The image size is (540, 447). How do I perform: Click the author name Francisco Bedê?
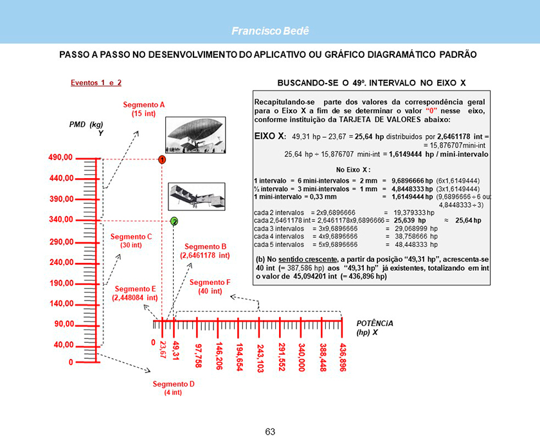270,31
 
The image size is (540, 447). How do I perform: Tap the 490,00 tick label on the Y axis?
60,158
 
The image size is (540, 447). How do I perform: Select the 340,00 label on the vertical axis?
60,220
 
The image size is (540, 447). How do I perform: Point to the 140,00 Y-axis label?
60,304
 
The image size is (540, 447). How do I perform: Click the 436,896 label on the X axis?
343,356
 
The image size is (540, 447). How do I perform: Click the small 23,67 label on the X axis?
163,352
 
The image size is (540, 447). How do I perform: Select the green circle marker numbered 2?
174,221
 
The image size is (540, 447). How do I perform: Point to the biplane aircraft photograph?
196,196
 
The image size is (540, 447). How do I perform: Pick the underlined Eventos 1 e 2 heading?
96,83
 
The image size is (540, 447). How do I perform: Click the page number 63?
270,431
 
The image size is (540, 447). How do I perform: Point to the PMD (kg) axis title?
86,124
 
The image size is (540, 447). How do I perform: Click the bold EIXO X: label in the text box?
270,136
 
